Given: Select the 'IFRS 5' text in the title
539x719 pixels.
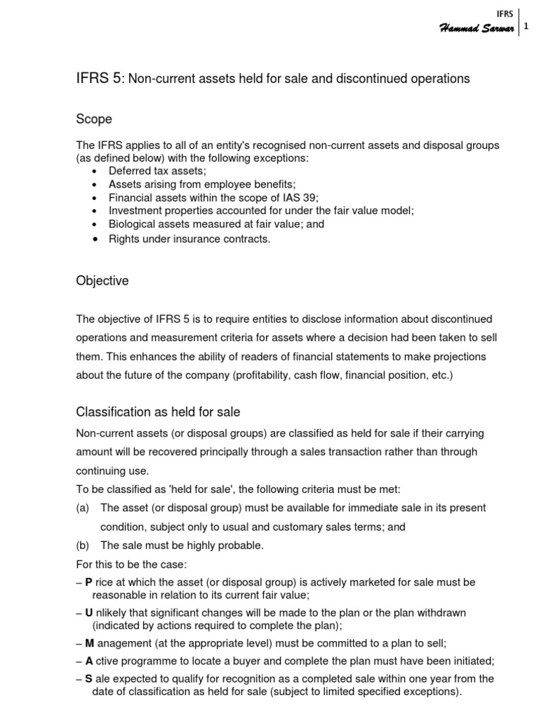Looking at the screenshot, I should coord(98,79).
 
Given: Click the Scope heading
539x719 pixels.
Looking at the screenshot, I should coord(94,120).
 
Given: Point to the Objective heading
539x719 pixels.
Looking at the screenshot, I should coord(102,281).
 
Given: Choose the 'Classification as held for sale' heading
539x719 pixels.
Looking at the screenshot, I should coord(158,411).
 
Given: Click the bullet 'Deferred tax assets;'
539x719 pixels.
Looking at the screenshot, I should coord(157,171).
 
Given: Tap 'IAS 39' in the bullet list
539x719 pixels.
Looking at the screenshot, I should coord(304,197).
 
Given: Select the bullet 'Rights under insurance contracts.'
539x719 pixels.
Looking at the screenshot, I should coord(189,239).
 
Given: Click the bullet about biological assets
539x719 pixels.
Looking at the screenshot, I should coord(207,225).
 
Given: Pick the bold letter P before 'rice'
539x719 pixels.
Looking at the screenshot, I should coord(88,582).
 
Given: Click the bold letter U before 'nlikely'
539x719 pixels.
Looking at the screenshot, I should coord(89,612).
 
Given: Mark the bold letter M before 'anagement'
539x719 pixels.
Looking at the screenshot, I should coord(89,643).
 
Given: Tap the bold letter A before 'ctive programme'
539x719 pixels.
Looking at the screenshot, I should coord(89,661).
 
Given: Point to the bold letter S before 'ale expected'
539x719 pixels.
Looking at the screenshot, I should coord(88,678).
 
